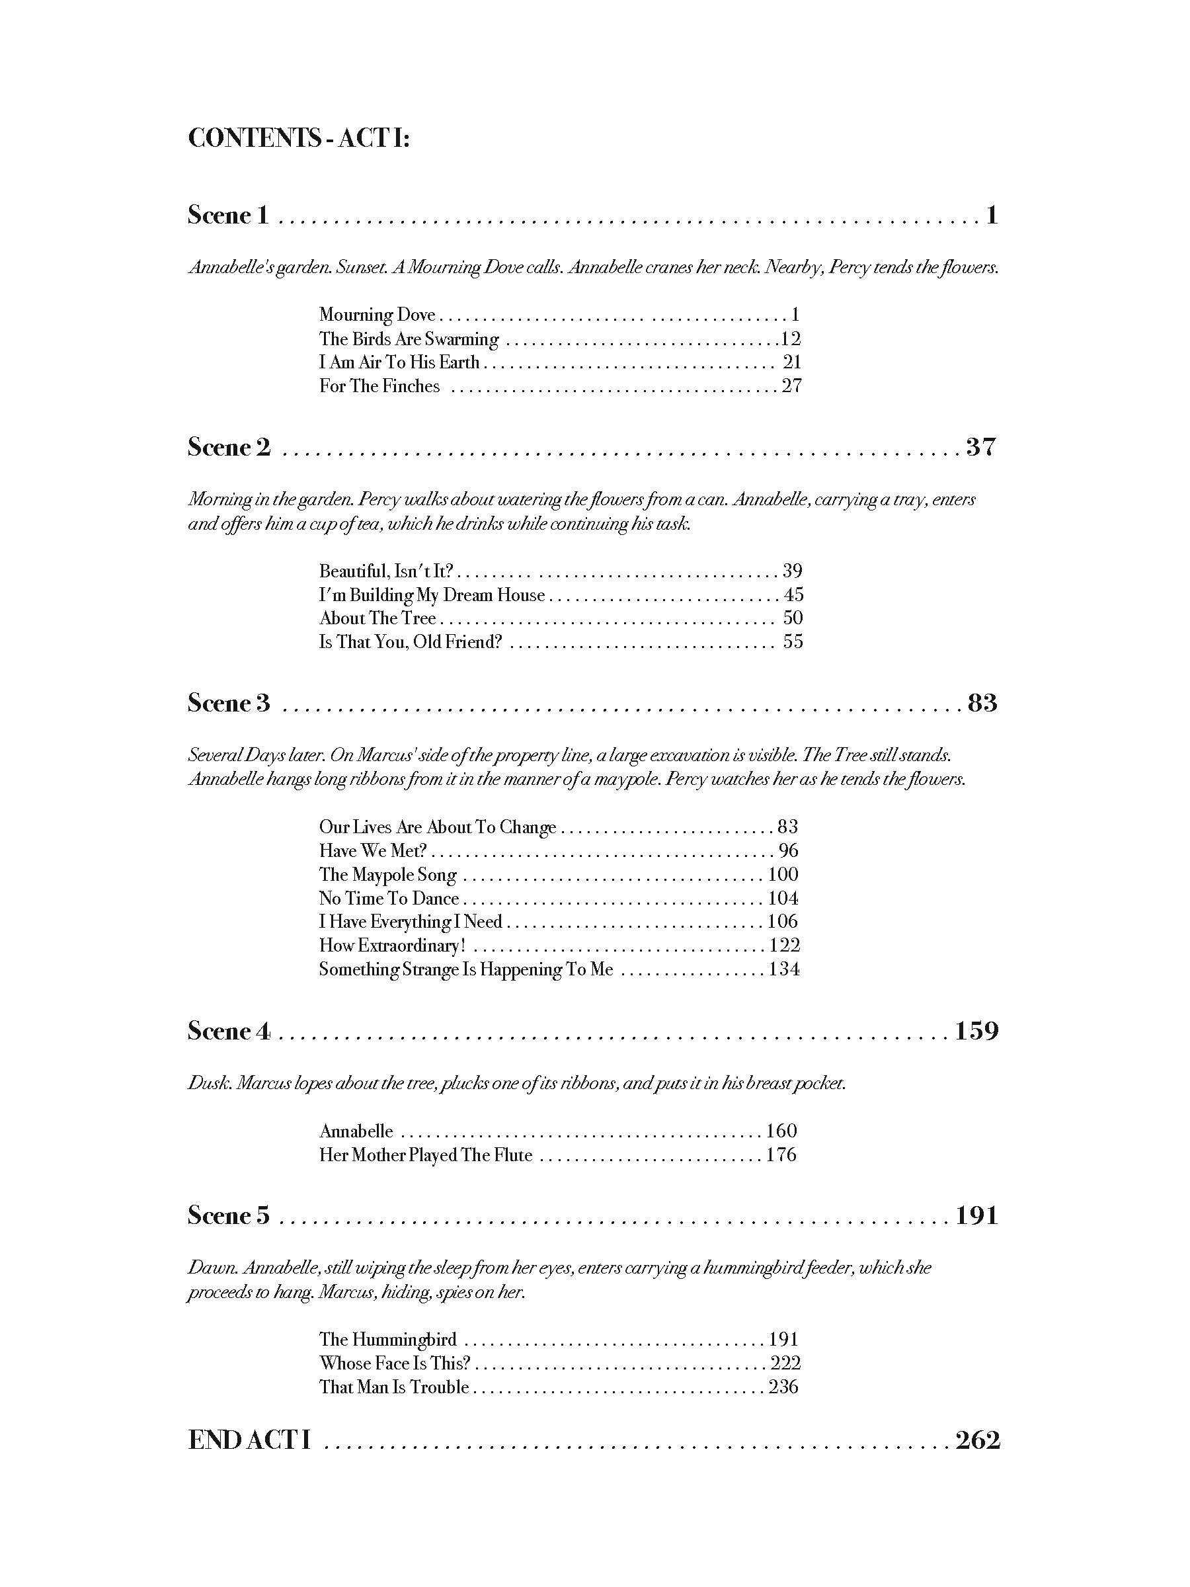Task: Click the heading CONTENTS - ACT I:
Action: point(298,138)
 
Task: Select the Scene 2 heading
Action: point(229,447)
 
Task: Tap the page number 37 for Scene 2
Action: point(980,447)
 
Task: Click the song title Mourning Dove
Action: point(377,314)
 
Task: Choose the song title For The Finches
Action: point(379,386)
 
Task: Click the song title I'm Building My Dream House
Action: point(432,594)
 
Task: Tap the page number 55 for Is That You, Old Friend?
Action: point(793,641)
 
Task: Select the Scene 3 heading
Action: point(229,702)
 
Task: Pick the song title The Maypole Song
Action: point(388,874)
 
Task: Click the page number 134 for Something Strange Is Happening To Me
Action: point(784,969)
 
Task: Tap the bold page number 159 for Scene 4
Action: point(976,1031)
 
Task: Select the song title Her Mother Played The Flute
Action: point(426,1155)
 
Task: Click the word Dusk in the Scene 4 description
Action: point(209,1082)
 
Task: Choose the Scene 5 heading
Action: point(229,1215)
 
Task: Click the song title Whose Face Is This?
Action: point(395,1362)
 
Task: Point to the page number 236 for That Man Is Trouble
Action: point(783,1386)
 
